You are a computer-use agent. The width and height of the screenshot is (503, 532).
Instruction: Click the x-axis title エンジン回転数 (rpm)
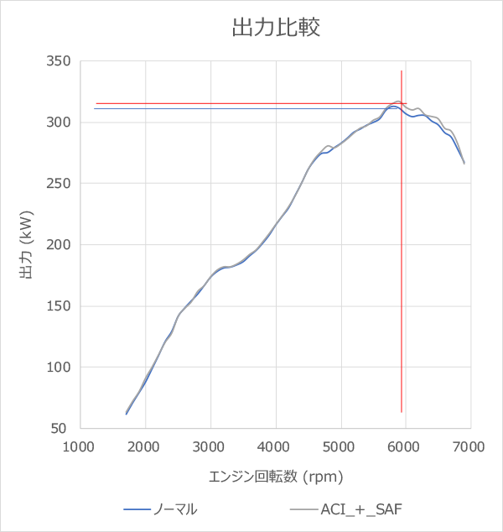(276, 477)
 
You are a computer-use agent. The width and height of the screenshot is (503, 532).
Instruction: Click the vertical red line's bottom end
(402, 412)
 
